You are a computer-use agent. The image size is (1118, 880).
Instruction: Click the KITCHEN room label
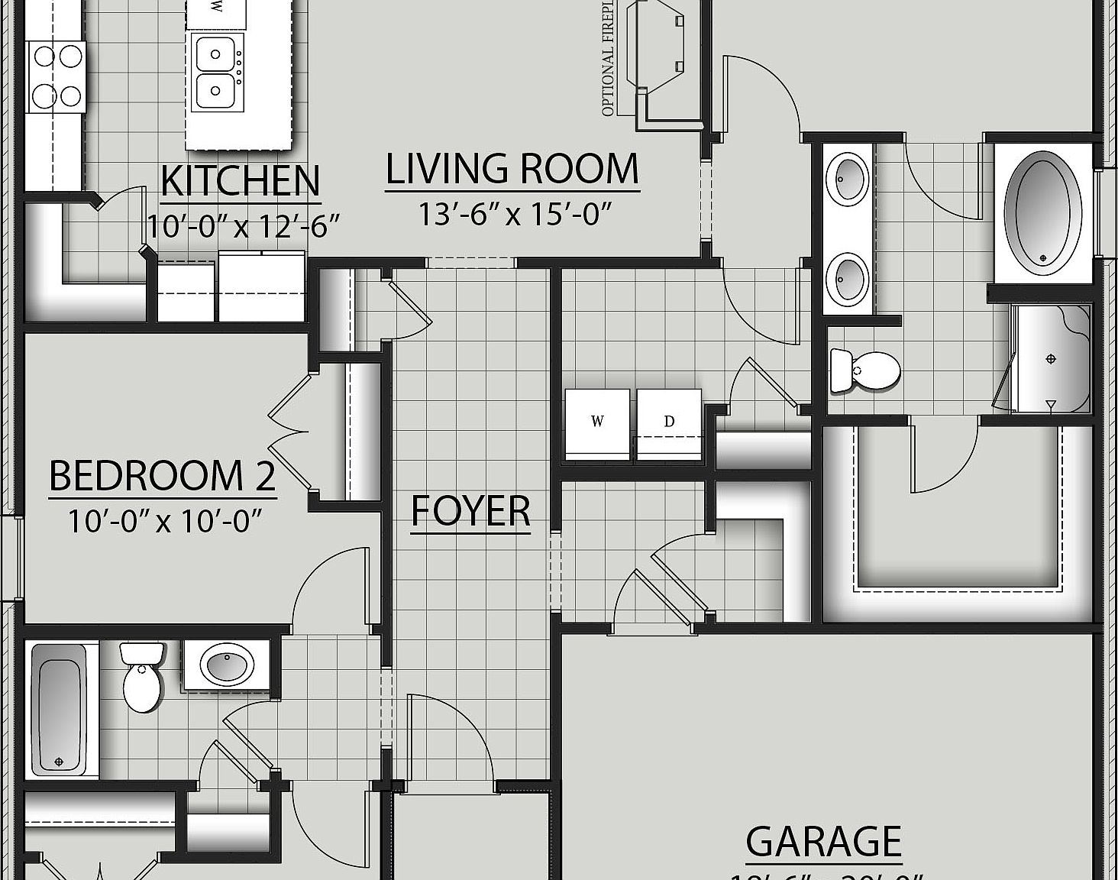point(240,181)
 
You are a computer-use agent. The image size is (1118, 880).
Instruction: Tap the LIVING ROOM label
point(512,170)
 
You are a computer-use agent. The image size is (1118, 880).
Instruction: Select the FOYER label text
point(470,511)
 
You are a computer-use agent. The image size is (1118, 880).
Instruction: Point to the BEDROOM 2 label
point(162,476)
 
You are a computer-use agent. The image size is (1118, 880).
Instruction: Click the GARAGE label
point(823,842)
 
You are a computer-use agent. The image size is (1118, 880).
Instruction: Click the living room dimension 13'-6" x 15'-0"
point(515,215)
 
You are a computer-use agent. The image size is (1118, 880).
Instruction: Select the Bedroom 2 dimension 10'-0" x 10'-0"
point(165,521)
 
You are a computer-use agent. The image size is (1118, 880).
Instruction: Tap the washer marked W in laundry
point(597,425)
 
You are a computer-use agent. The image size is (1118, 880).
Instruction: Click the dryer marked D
point(669,425)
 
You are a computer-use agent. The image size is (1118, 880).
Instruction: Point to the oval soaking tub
point(1043,213)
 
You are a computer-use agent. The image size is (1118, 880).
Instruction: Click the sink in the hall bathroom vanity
point(227,664)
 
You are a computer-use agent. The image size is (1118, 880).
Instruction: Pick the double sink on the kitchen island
point(217,73)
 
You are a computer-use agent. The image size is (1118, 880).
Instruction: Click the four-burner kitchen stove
point(56,76)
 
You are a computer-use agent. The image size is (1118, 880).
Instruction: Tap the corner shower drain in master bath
point(1051,359)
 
